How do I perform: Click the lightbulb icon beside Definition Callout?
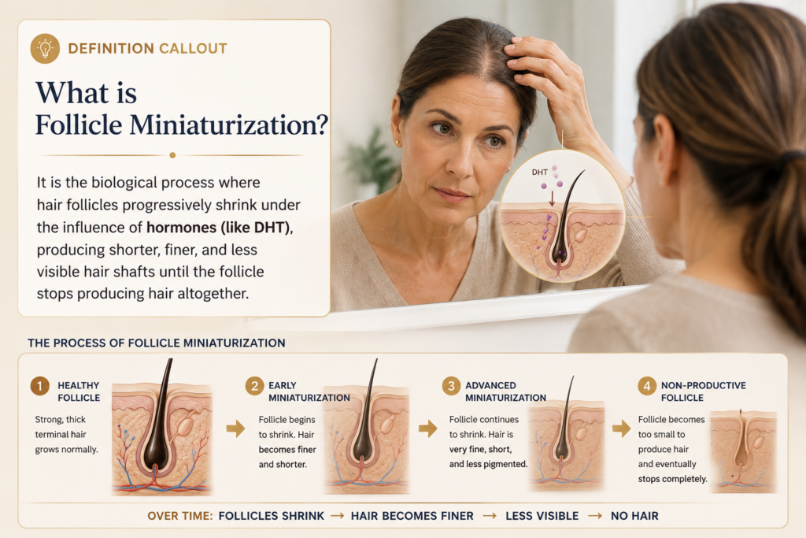[45, 48]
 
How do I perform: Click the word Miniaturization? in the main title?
[229, 125]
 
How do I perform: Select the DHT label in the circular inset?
[539, 173]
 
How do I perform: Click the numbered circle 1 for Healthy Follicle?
[39, 386]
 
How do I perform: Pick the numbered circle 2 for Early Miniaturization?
[254, 386]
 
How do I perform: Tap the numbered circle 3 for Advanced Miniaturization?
[451, 386]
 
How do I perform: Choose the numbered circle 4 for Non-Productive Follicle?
[647, 386]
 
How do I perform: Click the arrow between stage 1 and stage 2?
[235, 428]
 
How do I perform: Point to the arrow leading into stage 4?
[621, 428]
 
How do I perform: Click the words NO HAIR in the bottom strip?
[634, 516]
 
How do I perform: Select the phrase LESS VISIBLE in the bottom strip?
[542, 516]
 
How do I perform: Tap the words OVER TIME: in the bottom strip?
[180, 516]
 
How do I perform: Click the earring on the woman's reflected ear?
[397, 142]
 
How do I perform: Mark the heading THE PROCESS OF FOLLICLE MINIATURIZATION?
[157, 343]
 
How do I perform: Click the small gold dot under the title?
[172, 155]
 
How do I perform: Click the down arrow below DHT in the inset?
[552, 199]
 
